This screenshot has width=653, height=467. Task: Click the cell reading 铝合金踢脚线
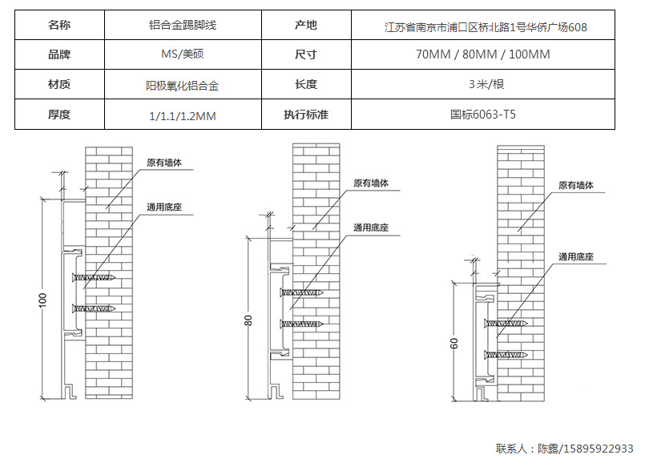(x=183, y=26)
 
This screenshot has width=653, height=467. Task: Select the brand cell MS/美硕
(x=183, y=54)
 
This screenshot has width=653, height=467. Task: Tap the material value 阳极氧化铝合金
(x=183, y=85)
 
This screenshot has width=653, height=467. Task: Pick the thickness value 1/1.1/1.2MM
(x=183, y=115)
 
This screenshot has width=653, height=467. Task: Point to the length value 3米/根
(x=486, y=84)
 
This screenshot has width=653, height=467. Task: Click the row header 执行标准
(x=306, y=115)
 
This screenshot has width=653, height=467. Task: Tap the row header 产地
(x=306, y=26)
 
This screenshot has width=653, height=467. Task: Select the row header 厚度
(x=59, y=115)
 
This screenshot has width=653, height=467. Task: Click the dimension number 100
(x=43, y=300)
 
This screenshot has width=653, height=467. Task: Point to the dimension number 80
(x=248, y=320)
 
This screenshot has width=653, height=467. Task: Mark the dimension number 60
(x=453, y=343)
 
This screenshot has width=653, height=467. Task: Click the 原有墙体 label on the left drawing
(x=164, y=163)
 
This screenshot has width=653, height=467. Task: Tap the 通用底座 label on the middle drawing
(x=371, y=228)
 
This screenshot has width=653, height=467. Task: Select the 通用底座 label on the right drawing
(x=576, y=257)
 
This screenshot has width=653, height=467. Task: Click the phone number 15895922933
(x=596, y=449)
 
